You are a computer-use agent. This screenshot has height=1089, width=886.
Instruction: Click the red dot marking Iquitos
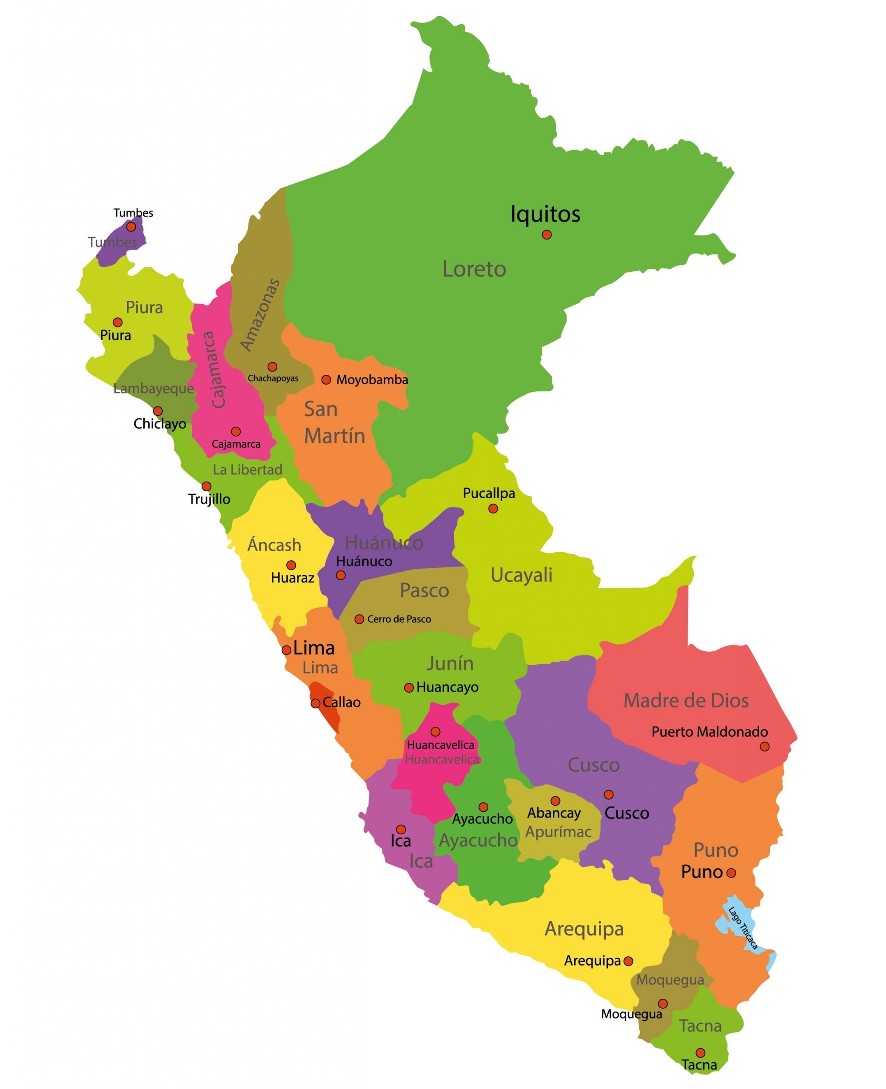point(547,235)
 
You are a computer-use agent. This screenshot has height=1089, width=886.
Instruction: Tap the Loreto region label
point(474,269)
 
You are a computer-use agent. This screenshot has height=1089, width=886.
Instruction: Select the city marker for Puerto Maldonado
point(764,747)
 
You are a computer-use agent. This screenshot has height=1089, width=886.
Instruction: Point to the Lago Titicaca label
point(743,928)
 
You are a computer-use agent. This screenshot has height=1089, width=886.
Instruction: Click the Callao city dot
point(316,703)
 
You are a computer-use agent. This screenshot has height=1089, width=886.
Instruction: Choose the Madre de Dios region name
point(686,700)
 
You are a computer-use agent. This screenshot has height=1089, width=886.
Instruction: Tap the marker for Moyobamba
point(326,380)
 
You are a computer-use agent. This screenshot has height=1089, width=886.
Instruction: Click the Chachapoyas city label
point(273,378)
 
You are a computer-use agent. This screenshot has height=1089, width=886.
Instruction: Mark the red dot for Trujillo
point(206,486)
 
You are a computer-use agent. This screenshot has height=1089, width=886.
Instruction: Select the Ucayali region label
point(521,575)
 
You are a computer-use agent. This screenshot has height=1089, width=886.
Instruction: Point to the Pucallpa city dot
point(493,508)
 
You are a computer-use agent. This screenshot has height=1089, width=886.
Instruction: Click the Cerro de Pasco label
point(399,619)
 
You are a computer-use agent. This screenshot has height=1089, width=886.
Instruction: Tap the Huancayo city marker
point(409,688)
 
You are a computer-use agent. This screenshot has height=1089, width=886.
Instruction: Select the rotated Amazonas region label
point(260,315)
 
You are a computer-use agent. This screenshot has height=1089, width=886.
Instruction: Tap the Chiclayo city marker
point(158,411)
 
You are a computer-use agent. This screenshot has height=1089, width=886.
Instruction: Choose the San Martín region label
point(334,422)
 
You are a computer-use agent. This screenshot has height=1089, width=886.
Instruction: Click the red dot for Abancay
point(555,801)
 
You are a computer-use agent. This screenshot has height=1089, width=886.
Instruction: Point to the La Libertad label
point(248,470)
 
